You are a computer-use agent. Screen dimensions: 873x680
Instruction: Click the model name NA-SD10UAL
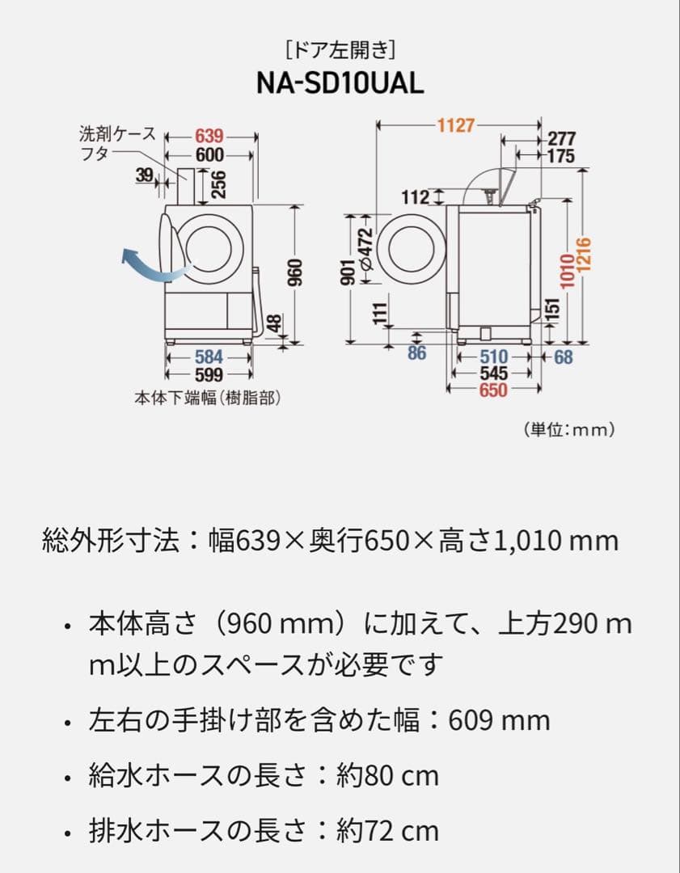(x=340, y=84)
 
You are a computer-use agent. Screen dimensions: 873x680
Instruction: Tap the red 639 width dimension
(x=209, y=137)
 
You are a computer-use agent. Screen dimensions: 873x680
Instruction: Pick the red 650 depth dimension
(x=492, y=390)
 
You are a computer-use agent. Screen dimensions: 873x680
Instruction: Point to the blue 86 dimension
(x=416, y=353)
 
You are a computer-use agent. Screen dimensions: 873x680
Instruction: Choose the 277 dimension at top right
(x=561, y=139)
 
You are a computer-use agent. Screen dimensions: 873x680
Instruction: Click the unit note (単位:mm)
(x=569, y=429)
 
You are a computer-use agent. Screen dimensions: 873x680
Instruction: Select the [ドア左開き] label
(x=340, y=51)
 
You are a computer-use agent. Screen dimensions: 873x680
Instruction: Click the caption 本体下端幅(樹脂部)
(x=209, y=398)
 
